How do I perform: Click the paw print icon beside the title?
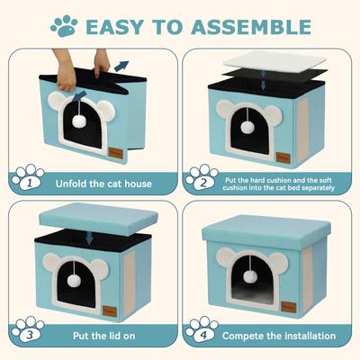point(64,25)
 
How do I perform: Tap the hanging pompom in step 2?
point(247,127)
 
